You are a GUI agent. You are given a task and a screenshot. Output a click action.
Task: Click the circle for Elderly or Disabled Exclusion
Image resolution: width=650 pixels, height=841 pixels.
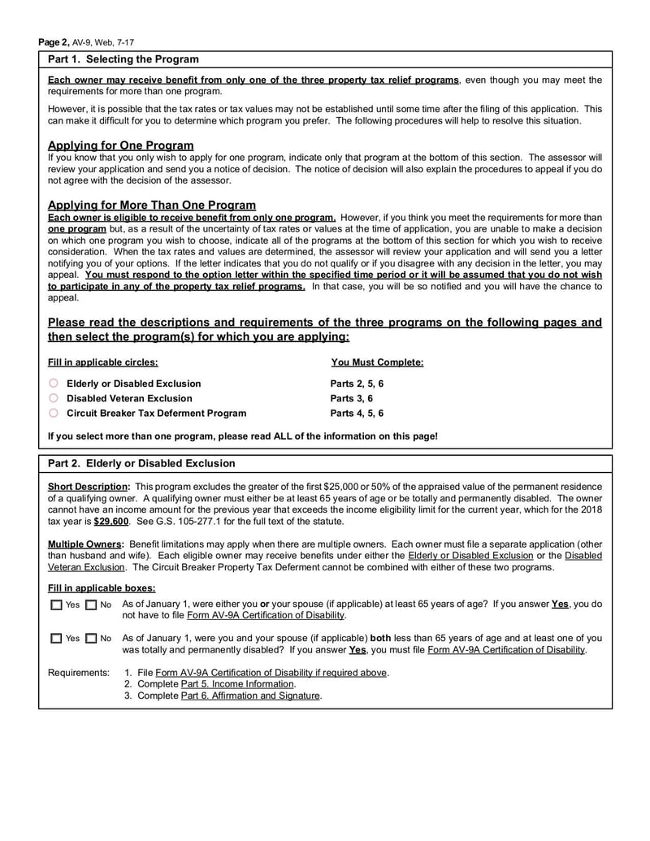tap(54, 384)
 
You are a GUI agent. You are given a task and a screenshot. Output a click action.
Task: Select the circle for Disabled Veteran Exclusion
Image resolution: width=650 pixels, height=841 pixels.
tap(54, 398)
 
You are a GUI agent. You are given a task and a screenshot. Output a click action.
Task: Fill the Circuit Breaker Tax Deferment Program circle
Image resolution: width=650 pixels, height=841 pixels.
tap(54, 413)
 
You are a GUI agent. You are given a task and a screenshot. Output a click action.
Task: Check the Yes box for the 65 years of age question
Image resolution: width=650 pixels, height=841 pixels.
tap(55, 605)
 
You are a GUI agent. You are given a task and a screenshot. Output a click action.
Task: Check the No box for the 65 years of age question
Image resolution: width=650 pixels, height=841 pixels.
tap(90, 605)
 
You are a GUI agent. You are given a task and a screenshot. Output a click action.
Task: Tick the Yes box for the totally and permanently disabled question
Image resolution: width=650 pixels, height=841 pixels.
tap(55, 639)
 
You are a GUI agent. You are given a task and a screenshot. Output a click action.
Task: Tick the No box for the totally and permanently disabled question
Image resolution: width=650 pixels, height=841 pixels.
tap(90, 639)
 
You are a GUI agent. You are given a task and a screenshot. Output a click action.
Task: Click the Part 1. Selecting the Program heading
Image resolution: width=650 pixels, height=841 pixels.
tap(123, 59)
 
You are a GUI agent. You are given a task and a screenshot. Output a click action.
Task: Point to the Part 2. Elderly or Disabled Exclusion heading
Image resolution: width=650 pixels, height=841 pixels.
tap(141, 463)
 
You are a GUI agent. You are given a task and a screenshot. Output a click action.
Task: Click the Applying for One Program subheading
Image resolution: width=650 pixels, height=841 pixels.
tap(120, 145)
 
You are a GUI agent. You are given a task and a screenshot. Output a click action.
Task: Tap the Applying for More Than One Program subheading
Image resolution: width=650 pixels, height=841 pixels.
tap(152, 205)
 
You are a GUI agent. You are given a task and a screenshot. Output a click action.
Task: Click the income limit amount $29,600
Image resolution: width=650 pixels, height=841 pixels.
tap(111, 521)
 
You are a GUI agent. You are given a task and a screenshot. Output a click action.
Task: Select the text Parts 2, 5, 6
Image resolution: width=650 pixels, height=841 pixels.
tap(357, 384)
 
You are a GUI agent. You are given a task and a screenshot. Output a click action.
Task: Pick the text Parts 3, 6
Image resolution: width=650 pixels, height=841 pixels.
tap(351, 398)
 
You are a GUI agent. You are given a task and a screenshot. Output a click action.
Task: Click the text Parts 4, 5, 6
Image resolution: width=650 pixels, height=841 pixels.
tap(357, 413)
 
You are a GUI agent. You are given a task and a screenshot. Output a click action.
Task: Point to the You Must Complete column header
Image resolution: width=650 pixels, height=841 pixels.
tap(377, 362)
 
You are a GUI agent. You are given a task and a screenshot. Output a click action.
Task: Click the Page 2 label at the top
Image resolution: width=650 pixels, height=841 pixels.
tap(54, 41)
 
